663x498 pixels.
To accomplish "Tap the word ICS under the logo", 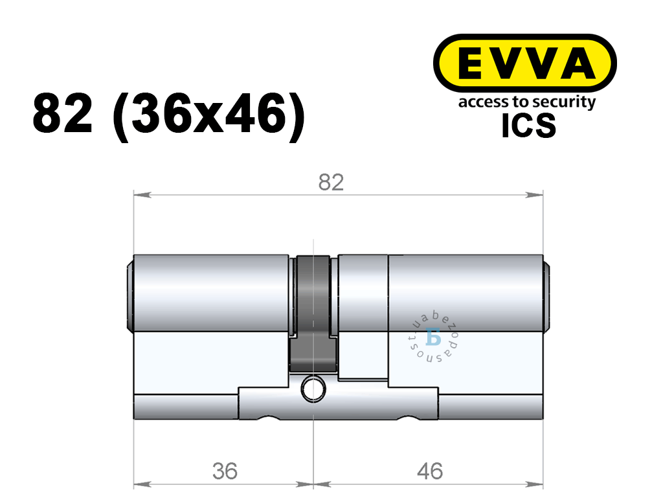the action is (x=528, y=126).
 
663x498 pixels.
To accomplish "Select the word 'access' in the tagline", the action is (x=478, y=103).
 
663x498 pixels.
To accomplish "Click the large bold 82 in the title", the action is (x=63, y=113).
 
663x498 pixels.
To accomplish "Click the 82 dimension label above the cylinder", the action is (x=331, y=183).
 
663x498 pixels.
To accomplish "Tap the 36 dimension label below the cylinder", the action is (x=225, y=471).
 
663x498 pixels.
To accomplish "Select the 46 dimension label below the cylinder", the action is (x=430, y=471).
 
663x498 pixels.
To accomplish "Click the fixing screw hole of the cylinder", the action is (x=313, y=389).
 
